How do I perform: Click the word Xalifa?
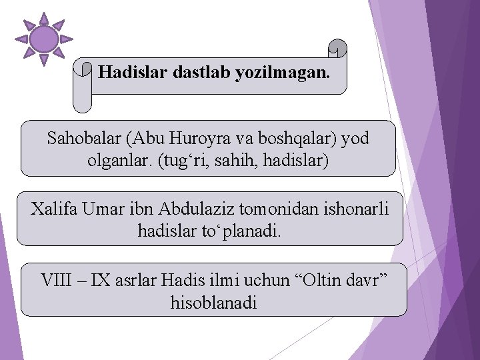54,209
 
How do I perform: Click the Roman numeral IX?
102,280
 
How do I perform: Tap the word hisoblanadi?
213,302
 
